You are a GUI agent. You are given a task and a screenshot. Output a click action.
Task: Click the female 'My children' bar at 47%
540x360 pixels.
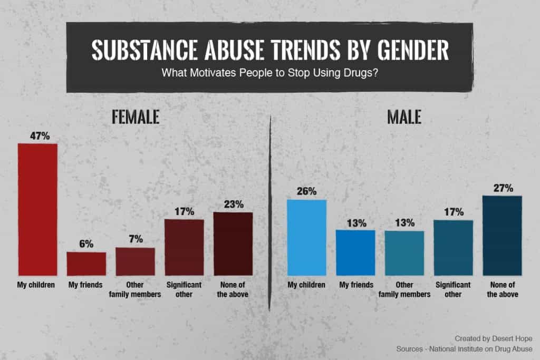(x=37, y=209)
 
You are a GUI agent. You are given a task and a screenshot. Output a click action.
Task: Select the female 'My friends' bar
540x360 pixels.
(x=86, y=264)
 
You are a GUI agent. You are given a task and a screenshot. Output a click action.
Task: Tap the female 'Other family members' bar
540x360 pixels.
(x=135, y=261)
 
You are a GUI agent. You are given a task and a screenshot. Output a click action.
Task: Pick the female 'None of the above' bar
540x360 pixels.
(x=233, y=244)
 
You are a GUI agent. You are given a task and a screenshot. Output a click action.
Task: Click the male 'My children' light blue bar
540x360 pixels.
(x=306, y=237)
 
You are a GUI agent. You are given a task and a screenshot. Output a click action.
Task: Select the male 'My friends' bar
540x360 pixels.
(x=355, y=252)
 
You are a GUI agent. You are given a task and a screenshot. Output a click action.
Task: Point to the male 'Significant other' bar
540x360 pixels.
(x=453, y=248)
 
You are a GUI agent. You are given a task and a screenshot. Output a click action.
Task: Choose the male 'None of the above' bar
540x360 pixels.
(x=502, y=236)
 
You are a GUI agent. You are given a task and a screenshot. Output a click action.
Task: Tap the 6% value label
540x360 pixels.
(x=86, y=244)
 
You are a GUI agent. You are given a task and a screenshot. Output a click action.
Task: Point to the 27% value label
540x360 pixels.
(x=502, y=188)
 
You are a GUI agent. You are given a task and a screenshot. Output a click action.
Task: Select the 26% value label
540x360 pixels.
(x=306, y=192)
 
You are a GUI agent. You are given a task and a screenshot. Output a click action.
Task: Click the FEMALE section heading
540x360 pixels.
(x=136, y=117)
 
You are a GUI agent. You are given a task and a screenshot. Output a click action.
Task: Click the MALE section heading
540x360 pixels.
(x=404, y=117)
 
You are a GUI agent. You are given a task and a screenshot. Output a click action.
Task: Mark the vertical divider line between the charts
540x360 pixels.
(x=270, y=211)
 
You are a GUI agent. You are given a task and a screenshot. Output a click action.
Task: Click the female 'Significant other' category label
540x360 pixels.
(x=184, y=289)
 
